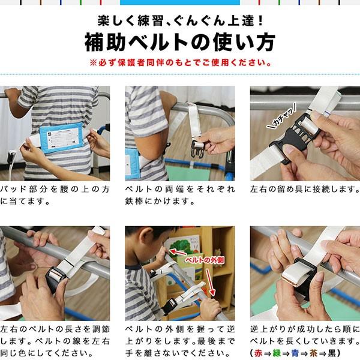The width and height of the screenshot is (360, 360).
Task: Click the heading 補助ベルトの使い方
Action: pyautogui.click(x=180, y=42)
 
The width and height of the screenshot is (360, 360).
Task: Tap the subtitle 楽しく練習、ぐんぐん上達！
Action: pyautogui.click(x=180, y=20)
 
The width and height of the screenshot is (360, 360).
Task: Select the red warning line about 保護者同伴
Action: pyautogui.click(x=181, y=62)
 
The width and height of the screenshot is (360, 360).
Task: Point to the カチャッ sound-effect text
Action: pyautogui.click(x=282, y=116)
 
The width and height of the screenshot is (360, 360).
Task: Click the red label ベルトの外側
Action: pyautogui.click(x=205, y=260)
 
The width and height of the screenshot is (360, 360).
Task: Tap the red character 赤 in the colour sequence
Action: pyautogui.click(x=259, y=353)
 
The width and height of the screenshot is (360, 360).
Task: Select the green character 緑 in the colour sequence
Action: pyautogui.click(x=277, y=353)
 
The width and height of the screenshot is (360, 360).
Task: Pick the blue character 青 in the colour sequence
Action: pyautogui.click(x=295, y=353)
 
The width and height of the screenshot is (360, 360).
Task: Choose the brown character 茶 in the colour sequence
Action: pyautogui.click(x=314, y=353)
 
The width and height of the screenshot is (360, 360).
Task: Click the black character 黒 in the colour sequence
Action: pyautogui.click(x=332, y=353)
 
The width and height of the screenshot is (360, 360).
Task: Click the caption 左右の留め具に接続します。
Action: pyautogui.click(x=305, y=189)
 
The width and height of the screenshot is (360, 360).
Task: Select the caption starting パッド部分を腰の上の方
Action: pyautogui.click(x=55, y=195)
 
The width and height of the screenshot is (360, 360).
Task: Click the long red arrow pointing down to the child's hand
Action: pyautogui.click(x=210, y=283)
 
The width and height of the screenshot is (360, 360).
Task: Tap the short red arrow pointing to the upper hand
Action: pyautogui.click(x=178, y=252)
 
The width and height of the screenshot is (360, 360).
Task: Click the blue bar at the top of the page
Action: pyautogui.click(x=180, y=2)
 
